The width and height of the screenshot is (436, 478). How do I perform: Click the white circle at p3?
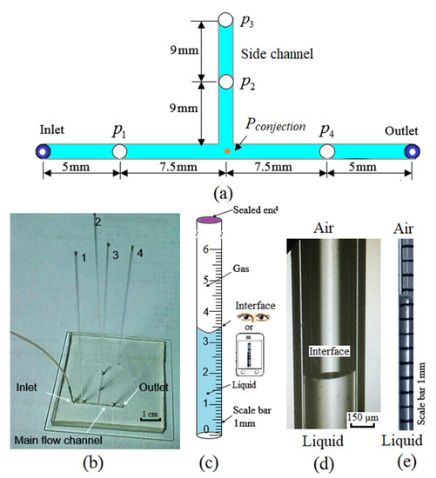click(x=225, y=19)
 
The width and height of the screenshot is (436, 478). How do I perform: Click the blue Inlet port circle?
click(x=41, y=151)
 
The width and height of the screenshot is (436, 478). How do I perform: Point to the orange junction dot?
click(x=227, y=151)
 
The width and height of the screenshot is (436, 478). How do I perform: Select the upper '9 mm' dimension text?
click(x=184, y=49)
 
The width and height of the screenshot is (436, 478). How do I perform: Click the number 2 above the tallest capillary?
click(x=97, y=222)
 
